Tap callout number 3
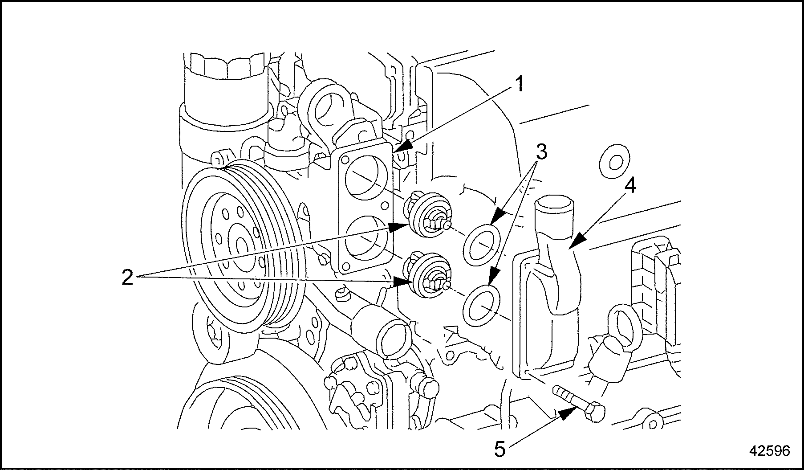540,152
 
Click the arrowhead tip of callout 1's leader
395,151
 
